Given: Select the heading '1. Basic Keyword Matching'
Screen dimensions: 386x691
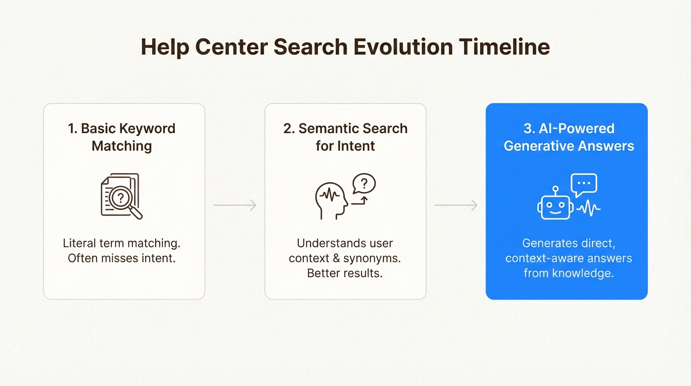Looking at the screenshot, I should coord(122,137).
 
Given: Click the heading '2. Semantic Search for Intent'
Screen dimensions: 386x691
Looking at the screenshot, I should coord(345,137).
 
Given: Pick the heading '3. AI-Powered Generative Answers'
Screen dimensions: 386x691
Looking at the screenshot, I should coord(568,137).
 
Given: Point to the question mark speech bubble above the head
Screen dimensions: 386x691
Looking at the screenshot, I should coord(364,183).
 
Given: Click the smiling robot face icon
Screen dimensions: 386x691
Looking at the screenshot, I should coord(555,207).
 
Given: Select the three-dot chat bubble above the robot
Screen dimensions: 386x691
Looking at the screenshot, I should coord(584,184).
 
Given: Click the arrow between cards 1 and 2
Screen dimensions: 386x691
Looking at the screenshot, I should coord(235,205).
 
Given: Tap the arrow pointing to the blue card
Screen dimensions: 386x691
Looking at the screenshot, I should coord(456,205).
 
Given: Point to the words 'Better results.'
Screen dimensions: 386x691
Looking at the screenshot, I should coord(345,274).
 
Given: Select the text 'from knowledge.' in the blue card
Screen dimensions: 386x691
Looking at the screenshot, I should coord(568,274).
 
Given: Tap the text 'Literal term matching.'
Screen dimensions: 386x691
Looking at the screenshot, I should coord(122,244).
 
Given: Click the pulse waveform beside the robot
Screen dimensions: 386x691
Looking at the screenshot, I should coord(589,208).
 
